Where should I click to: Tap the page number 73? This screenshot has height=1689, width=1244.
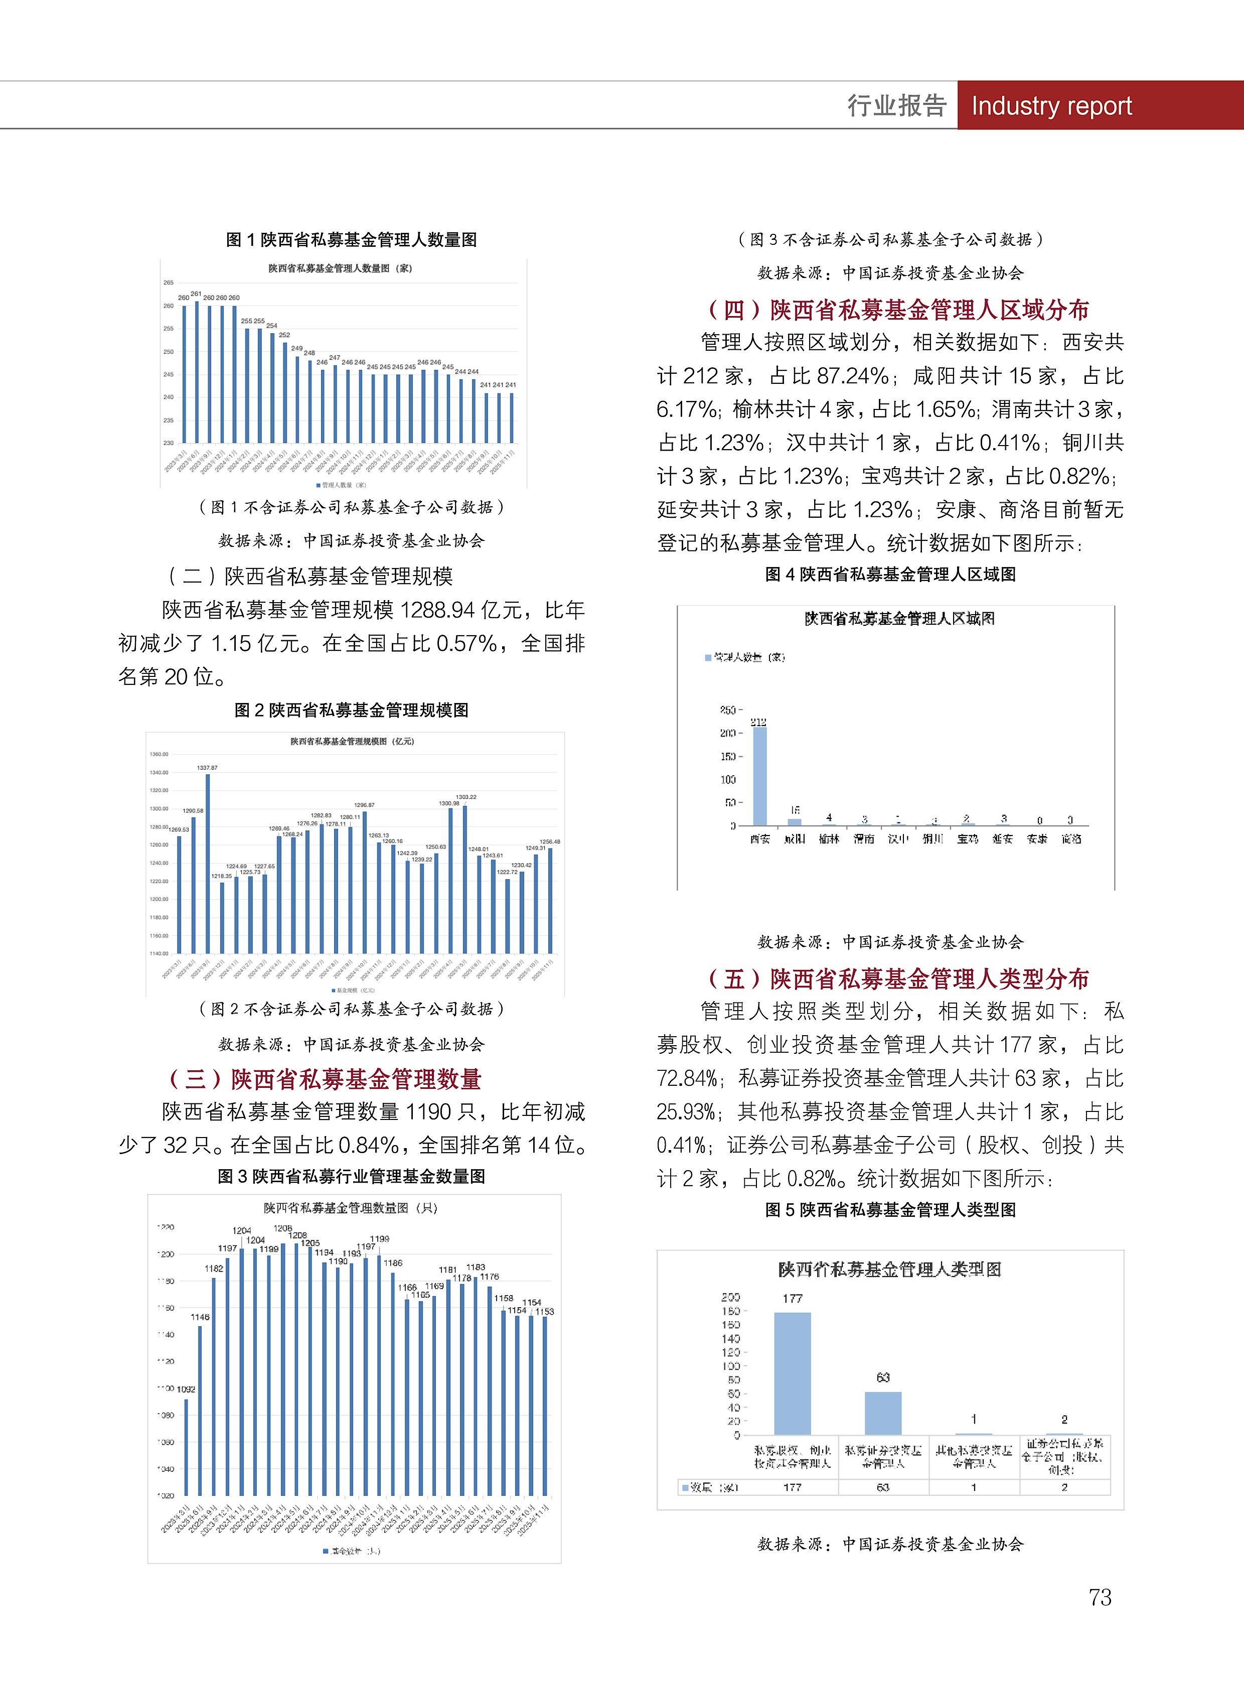coord(1100,1597)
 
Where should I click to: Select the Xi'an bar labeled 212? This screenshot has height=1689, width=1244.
coord(760,776)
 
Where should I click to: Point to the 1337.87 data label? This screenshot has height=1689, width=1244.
coord(207,768)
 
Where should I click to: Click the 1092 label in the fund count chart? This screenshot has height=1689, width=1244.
coord(186,1389)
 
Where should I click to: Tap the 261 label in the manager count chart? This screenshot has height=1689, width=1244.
coord(196,294)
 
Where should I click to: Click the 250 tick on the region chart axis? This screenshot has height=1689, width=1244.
coord(727,710)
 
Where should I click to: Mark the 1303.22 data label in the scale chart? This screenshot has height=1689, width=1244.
coord(465,797)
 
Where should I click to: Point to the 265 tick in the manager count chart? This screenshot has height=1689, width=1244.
coord(169,283)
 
